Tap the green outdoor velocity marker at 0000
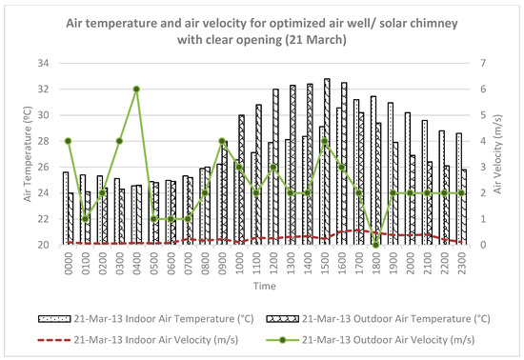(68, 141)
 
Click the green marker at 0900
(221, 141)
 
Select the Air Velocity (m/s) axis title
(506, 154)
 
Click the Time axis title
(264, 285)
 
